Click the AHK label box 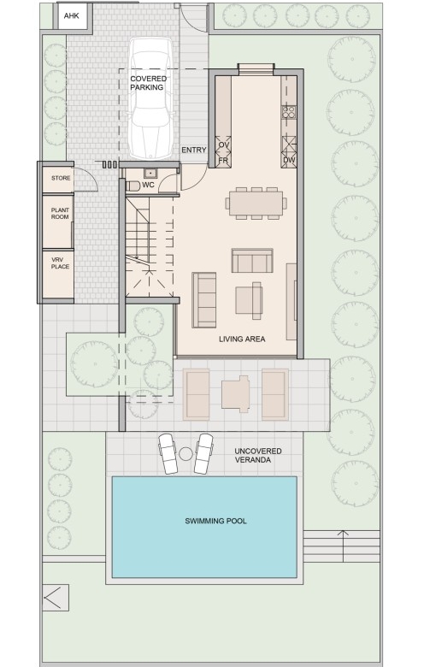point(72,16)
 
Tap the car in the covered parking point(151,98)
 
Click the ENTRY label point(194,151)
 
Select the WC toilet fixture point(133,186)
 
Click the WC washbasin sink point(150,173)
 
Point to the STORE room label point(61,178)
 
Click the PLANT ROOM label point(60,214)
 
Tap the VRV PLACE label point(60,263)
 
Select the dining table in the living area point(256,204)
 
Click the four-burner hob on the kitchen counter point(289,112)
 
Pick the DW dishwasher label point(289,161)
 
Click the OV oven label point(224,145)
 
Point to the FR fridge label point(224,161)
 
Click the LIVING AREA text point(242,339)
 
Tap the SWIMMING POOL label point(215,521)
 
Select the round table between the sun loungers point(185,454)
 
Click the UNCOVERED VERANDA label point(258,455)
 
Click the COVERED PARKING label point(148,83)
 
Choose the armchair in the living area point(250,300)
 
